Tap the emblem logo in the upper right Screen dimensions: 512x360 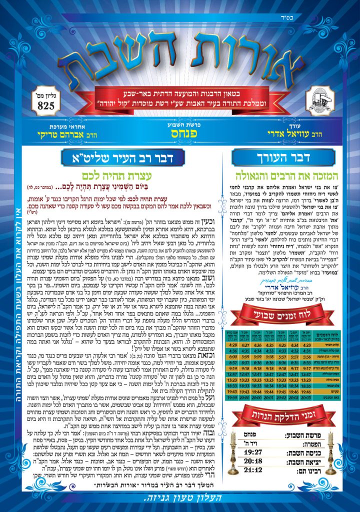[318, 97]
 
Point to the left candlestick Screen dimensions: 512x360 [233, 452]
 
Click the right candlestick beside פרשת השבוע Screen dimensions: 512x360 [330, 452]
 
